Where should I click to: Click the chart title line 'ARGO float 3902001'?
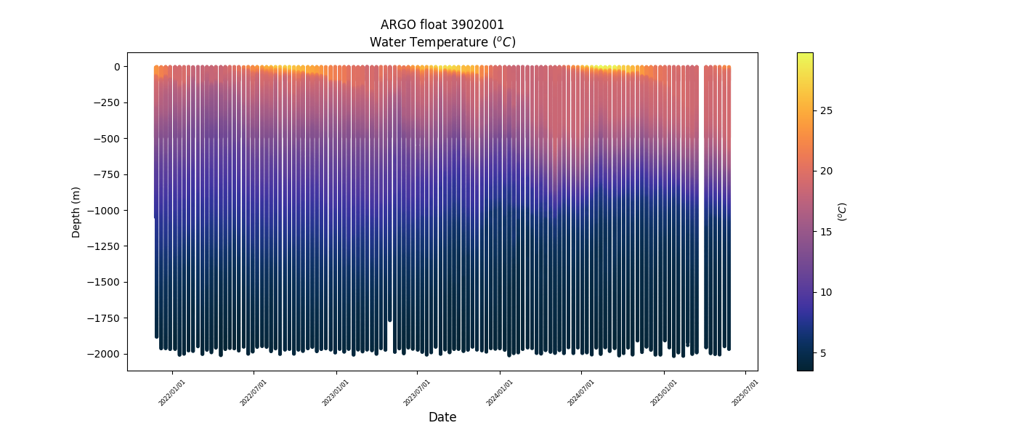pos(442,25)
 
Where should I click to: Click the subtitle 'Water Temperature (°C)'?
pos(442,42)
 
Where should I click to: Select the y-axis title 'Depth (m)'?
pos(76,211)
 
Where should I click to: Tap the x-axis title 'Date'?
pos(442,417)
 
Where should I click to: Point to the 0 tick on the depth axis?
pos(116,67)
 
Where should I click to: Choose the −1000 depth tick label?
pos(105,211)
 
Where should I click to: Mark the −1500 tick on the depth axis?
pos(105,282)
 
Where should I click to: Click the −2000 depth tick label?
pos(105,354)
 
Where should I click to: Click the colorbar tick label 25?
pos(826,110)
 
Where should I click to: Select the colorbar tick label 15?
pos(826,232)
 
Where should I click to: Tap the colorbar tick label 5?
pos(823,353)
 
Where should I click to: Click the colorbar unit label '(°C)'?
pos(843,211)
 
